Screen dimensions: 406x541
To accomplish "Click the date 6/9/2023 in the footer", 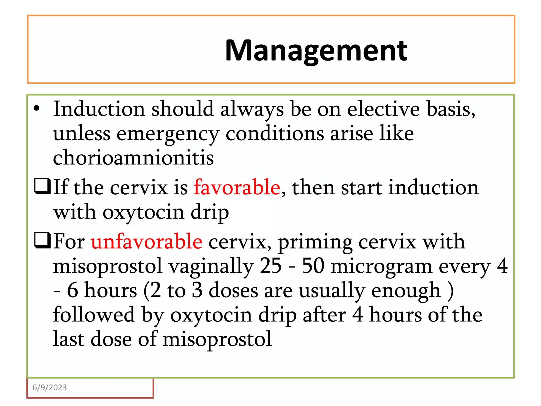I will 50,387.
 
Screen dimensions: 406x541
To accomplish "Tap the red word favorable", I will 237,187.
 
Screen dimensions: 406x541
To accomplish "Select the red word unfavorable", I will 147,242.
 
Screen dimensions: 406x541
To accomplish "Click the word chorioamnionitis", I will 133,157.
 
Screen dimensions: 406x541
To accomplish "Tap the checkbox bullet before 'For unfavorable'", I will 42,241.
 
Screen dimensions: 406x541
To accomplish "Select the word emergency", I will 168,134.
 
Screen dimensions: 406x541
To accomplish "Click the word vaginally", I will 211,266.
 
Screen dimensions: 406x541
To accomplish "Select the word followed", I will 94,315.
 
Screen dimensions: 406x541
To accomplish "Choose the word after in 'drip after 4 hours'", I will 324,315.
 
